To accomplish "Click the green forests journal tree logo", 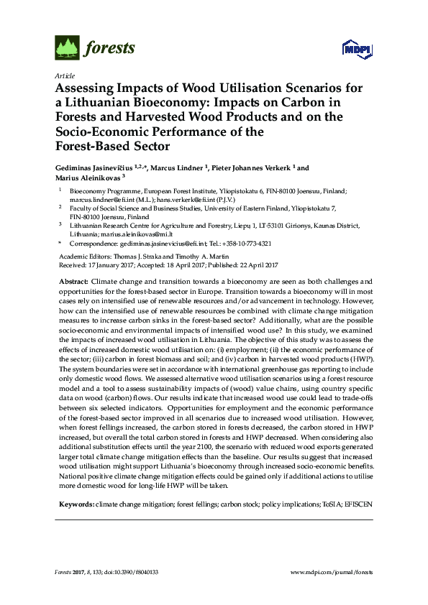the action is pyautogui.click(x=66, y=48).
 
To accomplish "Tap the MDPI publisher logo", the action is pyautogui.click(x=350, y=49).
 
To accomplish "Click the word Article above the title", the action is pyautogui.click(x=63, y=75).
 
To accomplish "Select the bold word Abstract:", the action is pyautogui.click(x=73, y=281).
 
